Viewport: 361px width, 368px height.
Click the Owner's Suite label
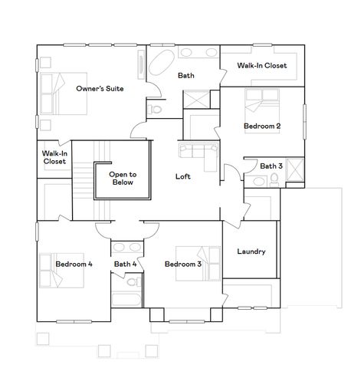point(100,89)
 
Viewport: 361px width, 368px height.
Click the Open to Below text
point(121,178)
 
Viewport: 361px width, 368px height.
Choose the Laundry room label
point(251,251)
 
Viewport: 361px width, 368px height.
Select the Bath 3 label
point(271,166)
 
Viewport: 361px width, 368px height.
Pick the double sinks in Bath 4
point(126,248)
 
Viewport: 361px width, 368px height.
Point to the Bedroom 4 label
point(74,264)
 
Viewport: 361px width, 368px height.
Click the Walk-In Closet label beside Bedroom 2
point(261,66)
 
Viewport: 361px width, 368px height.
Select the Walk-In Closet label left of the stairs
point(54,157)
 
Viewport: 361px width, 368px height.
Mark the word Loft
point(182,177)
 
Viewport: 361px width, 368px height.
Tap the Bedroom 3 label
point(182,264)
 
